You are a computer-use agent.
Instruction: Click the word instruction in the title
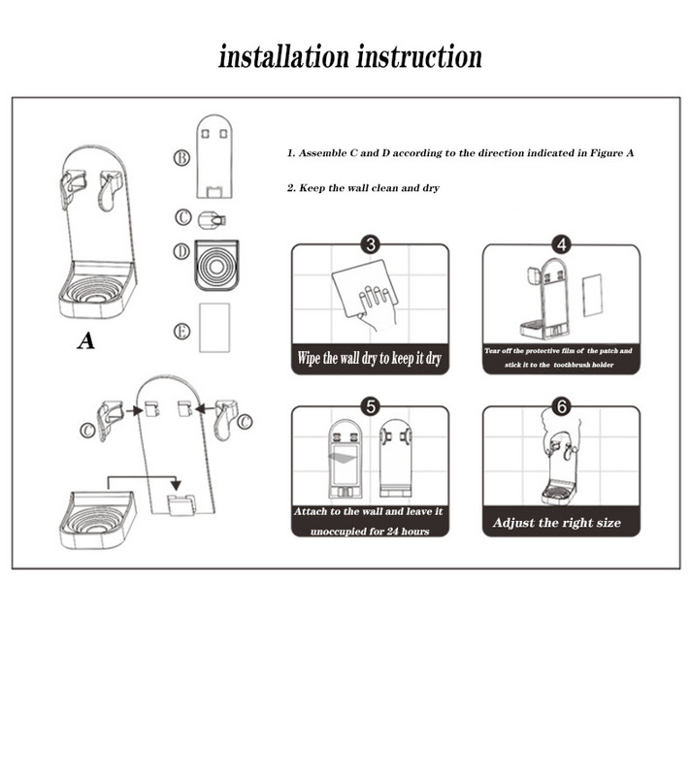click(419, 55)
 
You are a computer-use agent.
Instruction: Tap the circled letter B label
click(181, 157)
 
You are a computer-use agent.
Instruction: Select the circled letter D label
click(181, 252)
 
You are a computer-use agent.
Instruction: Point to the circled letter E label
click(181, 331)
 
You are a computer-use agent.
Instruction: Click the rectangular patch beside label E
click(214, 327)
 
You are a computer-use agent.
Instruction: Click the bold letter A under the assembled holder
click(86, 340)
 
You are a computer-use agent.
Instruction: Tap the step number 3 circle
click(369, 244)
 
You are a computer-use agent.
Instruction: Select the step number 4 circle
click(561, 244)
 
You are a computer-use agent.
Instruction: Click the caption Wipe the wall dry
click(370, 359)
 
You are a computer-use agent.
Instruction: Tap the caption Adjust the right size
click(556, 523)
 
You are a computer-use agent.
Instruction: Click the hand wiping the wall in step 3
click(375, 301)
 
